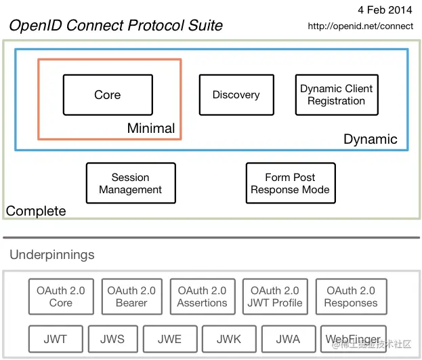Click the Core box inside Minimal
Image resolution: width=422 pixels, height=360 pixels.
click(x=107, y=95)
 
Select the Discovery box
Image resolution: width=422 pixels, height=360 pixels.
click(x=236, y=95)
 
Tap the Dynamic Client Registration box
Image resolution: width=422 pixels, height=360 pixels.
click(x=336, y=95)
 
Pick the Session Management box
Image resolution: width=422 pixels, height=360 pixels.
click(x=130, y=183)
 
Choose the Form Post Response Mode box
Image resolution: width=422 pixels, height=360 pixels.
click(x=290, y=183)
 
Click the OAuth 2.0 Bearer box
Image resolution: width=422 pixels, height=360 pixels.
click(x=131, y=296)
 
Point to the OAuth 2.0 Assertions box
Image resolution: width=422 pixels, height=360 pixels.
click(x=202, y=296)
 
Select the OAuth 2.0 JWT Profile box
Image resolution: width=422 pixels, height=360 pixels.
click(x=275, y=296)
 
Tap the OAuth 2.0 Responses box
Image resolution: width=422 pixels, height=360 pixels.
click(x=350, y=296)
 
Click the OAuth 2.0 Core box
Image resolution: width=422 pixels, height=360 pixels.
click(x=61, y=296)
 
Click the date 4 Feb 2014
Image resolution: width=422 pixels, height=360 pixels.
click(x=384, y=10)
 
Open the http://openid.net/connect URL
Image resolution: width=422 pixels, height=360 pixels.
click(x=360, y=26)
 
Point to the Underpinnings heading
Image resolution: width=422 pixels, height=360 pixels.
click(x=52, y=255)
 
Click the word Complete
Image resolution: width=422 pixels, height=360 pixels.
click(x=36, y=211)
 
